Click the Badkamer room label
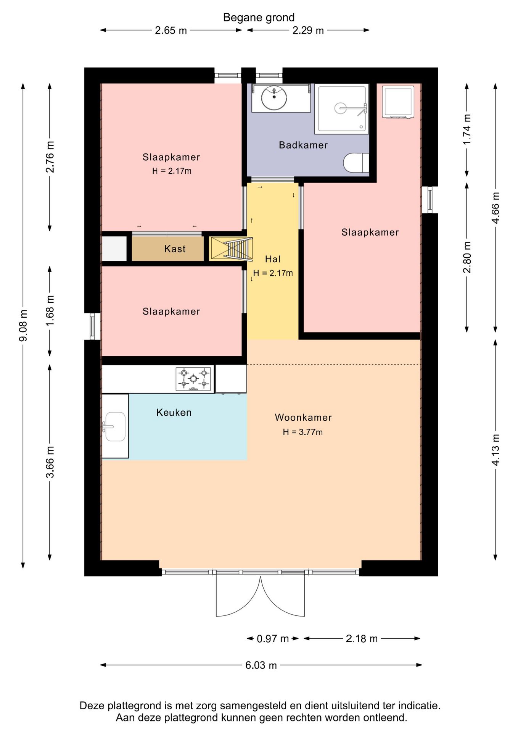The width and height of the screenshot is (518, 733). (x=303, y=145)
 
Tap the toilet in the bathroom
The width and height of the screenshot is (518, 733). (x=356, y=163)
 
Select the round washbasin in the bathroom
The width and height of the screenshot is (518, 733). (x=274, y=98)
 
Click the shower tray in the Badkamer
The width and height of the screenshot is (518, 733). (x=342, y=109)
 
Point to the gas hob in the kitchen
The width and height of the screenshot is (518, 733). (x=193, y=379)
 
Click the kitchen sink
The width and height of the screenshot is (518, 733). (x=114, y=426)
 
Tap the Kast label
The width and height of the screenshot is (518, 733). (x=175, y=249)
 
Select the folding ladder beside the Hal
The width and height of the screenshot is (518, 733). (x=238, y=249)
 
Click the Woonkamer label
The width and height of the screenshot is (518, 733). (x=303, y=417)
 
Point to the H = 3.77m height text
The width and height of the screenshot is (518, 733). (x=303, y=432)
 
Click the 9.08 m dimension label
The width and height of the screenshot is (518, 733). (x=23, y=326)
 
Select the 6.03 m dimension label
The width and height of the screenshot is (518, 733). (x=261, y=665)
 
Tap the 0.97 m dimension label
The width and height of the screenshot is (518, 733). (x=273, y=639)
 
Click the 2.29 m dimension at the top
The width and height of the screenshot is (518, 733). (x=308, y=30)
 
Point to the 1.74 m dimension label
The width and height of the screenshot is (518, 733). (x=467, y=129)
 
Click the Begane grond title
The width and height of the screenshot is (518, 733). (x=259, y=18)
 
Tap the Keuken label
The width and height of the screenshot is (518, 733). (x=174, y=412)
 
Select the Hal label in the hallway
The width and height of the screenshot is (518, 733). (x=273, y=259)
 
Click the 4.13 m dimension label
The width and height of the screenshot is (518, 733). (x=495, y=450)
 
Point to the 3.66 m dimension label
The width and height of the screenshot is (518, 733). (x=50, y=462)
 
